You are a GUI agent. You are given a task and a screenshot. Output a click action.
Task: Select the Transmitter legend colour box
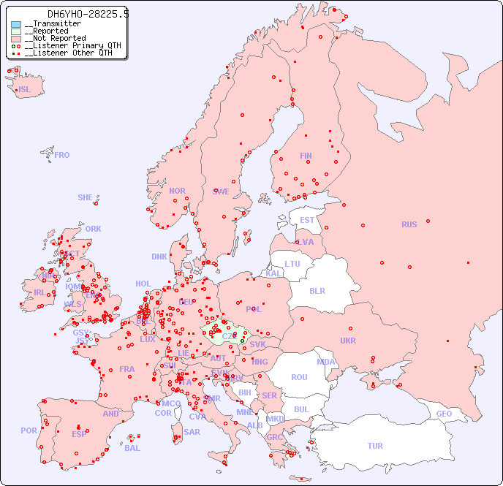16,24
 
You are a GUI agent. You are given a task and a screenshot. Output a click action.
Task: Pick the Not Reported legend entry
55,39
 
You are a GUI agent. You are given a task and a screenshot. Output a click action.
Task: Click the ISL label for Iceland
24,90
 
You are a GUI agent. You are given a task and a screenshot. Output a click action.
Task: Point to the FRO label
62,155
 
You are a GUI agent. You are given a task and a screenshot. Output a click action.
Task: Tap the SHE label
85,197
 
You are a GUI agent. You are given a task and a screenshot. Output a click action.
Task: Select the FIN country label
306,156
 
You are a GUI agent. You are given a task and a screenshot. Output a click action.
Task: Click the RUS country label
409,224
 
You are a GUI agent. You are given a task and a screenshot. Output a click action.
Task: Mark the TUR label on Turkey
375,446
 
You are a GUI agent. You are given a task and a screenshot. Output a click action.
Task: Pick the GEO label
444,414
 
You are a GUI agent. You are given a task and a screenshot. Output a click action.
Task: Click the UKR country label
348,341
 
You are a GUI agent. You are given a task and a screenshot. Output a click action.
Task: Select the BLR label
317,290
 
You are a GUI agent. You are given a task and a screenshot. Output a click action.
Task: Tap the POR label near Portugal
29,430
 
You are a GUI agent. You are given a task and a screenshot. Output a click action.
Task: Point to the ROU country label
299,377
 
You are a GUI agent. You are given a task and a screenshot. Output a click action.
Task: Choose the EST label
307,220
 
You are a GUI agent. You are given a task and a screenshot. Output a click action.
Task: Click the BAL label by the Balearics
132,448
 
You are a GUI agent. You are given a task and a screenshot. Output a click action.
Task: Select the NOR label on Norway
177,191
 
